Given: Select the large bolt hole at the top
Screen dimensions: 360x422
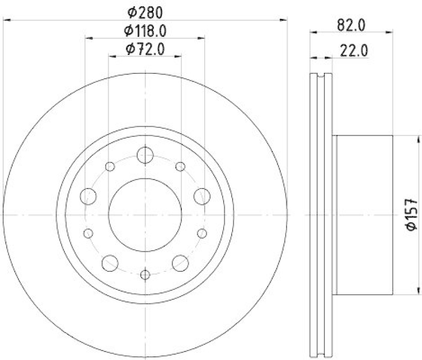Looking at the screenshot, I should point(145,155).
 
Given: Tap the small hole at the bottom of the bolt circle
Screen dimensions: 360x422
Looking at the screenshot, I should point(145,274).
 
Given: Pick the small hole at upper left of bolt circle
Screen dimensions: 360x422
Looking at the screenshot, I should point(110,167).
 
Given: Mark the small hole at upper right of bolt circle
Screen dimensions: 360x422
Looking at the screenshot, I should point(180,167).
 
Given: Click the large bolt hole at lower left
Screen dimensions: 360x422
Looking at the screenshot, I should point(110,261).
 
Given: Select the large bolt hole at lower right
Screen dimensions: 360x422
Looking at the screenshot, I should point(180,261).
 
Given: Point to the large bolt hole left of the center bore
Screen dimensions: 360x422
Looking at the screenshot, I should point(89,197).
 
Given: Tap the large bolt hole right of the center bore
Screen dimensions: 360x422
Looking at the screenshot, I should point(201,197).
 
